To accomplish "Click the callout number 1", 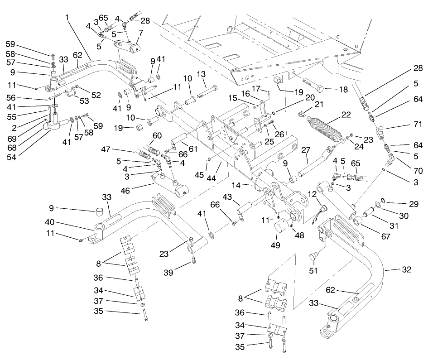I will [67, 18].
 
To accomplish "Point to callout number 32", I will [406, 270].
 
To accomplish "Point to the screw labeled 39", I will [194, 259].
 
